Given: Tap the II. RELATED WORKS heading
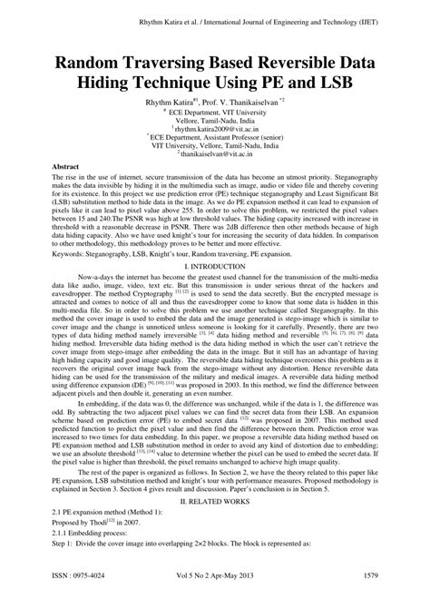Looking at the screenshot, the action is pyautogui.click(x=215, y=525).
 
